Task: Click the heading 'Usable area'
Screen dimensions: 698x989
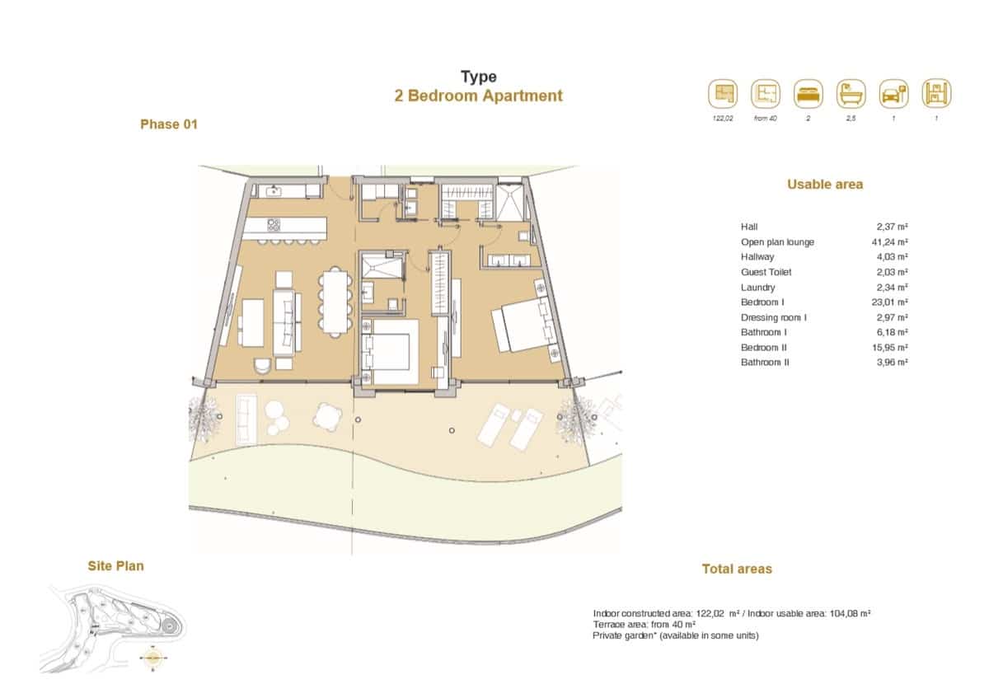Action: [x=825, y=185]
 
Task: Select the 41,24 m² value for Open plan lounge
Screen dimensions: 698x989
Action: [x=892, y=242]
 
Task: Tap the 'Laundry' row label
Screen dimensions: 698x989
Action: [x=757, y=288]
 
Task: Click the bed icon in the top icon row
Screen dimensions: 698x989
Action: [x=809, y=94]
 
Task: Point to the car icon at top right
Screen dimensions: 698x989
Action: [x=893, y=94]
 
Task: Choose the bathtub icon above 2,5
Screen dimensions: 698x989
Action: [x=851, y=94]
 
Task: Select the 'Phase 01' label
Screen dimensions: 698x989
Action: [x=169, y=124]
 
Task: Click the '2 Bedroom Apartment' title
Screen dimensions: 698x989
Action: [x=478, y=96]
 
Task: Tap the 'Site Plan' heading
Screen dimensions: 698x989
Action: [x=115, y=565]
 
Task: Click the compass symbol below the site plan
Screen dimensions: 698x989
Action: [x=153, y=658]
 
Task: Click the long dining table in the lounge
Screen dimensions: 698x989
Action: [x=335, y=302]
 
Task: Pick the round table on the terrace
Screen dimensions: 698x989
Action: [x=327, y=416]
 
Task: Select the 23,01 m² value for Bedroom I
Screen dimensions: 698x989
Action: [x=892, y=302]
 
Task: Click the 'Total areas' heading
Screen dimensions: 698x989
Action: [x=737, y=569]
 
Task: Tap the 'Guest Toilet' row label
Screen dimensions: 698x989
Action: [x=767, y=272]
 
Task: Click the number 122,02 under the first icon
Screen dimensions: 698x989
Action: [x=723, y=119]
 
